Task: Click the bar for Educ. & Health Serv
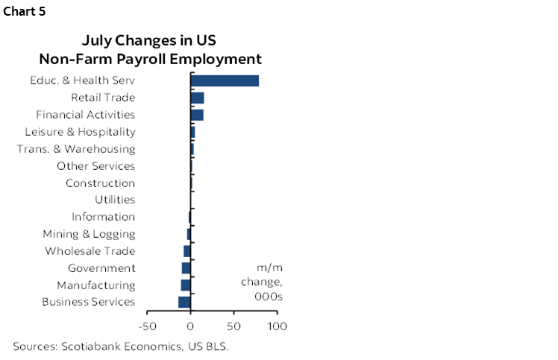click(x=225, y=80)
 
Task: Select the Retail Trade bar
click(x=198, y=98)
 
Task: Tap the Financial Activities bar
click(x=197, y=115)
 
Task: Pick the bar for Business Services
click(x=185, y=302)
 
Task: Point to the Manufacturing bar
click(x=186, y=285)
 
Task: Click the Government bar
click(x=186, y=268)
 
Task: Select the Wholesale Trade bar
click(x=187, y=251)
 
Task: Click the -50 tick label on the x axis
click(x=147, y=326)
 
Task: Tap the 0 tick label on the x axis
click(x=191, y=326)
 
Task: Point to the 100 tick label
click(x=278, y=326)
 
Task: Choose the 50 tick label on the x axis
click(x=234, y=326)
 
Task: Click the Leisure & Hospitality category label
click(x=80, y=132)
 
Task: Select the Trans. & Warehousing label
click(x=76, y=149)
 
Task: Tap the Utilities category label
click(x=115, y=200)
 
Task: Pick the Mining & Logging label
click(x=89, y=234)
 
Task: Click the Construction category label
click(x=100, y=183)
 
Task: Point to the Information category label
click(x=103, y=217)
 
